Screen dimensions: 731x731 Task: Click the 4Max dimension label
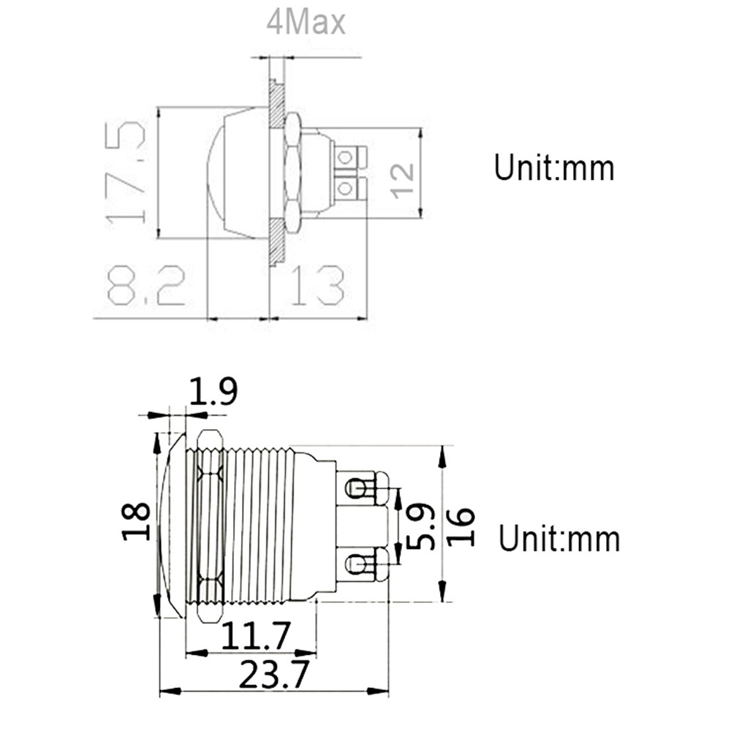pyautogui.click(x=306, y=23)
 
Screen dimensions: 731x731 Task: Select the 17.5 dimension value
pyautogui.click(x=125, y=173)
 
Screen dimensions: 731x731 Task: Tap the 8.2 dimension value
pyautogui.click(x=146, y=286)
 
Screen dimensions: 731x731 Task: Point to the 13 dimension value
pyautogui.click(x=318, y=286)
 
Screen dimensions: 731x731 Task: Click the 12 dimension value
pyautogui.click(x=402, y=181)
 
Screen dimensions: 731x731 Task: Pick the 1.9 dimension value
pyautogui.click(x=213, y=392)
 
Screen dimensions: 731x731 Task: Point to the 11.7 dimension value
pyautogui.click(x=255, y=636)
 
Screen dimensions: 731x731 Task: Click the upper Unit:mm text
pyautogui.click(x=554, y=168)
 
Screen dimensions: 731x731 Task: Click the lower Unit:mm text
pyautogui.click(x=559, y=539)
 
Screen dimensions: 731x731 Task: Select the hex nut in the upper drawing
pyautogui.click(x=292, y=173)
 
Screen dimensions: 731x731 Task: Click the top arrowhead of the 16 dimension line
pyautogui.click(x=442, y=457)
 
